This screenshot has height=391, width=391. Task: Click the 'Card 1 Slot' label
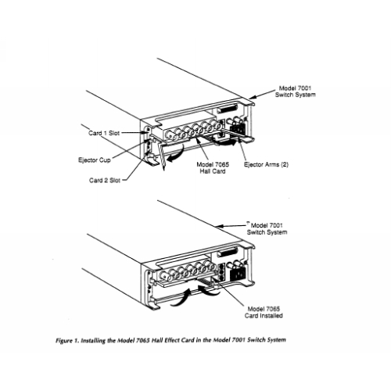click(x=104, y=133)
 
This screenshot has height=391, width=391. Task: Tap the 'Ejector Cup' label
click(x=95, y=160)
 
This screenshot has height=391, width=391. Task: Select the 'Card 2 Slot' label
click(x=105, y=180)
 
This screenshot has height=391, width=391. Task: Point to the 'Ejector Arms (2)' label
click(x=266, y=164)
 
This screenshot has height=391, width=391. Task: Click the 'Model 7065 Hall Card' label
click(x=213, y=168)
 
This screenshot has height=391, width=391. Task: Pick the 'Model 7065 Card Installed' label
click(x=264, y=312)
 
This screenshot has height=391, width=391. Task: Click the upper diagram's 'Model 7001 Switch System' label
click(x=296, y=91)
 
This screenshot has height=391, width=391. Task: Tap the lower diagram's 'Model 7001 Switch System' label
click(x=267, y=228)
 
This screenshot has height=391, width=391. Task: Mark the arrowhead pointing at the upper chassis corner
click(x=253, y=98)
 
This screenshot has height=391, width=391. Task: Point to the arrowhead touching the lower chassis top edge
click(x=220, y=226)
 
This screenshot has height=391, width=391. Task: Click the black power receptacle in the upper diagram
click(x=238, y=129)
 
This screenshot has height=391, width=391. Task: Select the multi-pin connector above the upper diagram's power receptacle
click(x=228, y=108)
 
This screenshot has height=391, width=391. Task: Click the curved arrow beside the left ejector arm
click(x=176, y=154)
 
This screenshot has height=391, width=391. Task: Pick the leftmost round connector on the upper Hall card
click(x=169, y=135)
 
